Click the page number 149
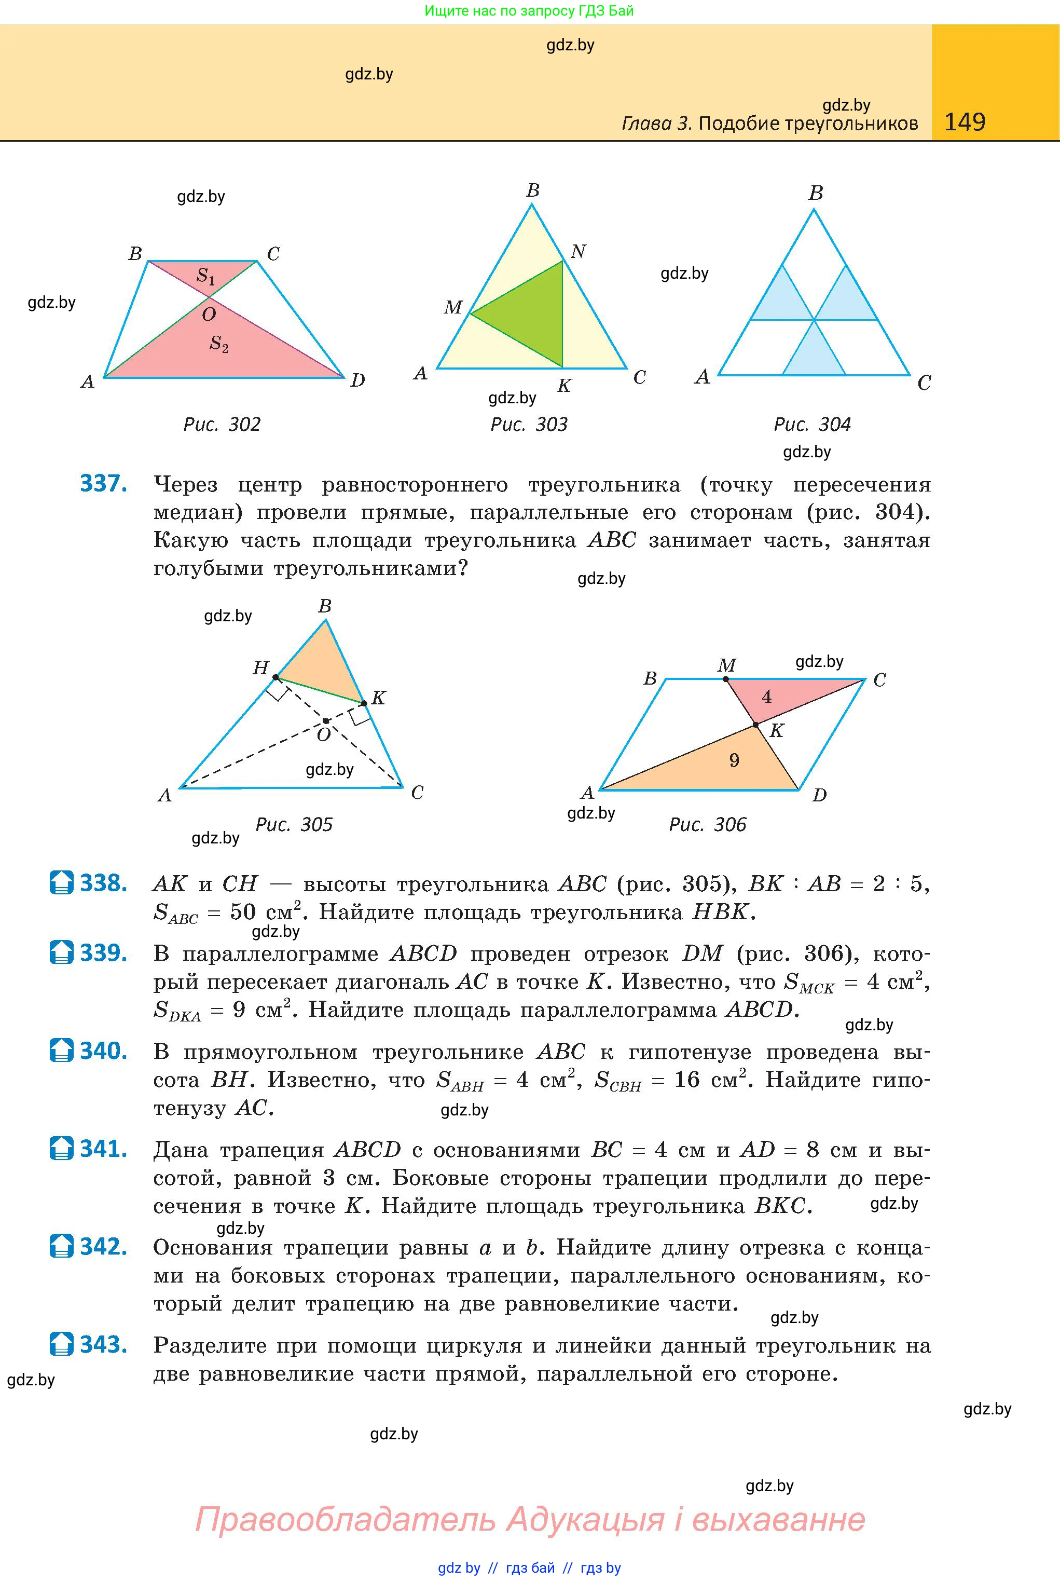pyautogui.click(x=964, y=122)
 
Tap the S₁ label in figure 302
pyautogui.click(x=205, y=276)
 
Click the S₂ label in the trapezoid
pyautogui.click(x=218, y=344)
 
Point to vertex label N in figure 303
pyautogui.click(x=578, y=252)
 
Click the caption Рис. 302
pyautogui.click(x=222, y=424)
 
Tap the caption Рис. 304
pyautogui.click(x=812, y=424)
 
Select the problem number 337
pyautogui.click(x=103, y=484)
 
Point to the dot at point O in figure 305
pyautogui.click(x=326, y=721)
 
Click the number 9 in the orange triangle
pyautogui.click(x=734, y=761)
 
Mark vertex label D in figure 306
pyautogui.click(x=819, y=795)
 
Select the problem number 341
pyautogui.click(x=103, y=1149)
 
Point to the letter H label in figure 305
pyautogui.click(x=260, y=668)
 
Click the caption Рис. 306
pyautogui.click(x=707, y=824)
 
